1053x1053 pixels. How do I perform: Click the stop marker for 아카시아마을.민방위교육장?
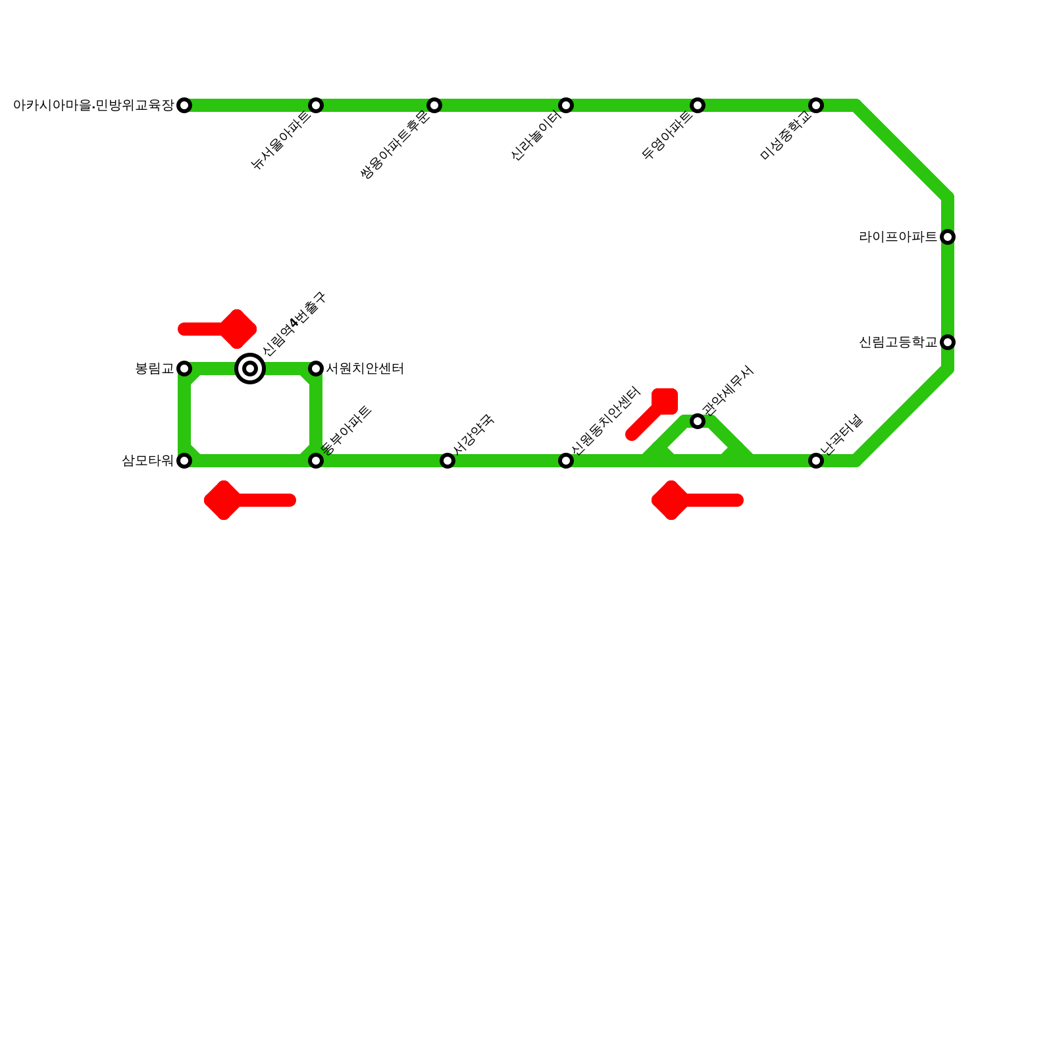point(184,105)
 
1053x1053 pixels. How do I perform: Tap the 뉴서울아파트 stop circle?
point(316,105)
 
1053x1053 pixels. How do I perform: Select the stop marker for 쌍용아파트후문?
point(434,105)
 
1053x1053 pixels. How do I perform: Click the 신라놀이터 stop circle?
point(566,105)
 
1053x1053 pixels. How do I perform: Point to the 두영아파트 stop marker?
point(698,105)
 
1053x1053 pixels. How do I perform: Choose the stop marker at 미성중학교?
point(816,105)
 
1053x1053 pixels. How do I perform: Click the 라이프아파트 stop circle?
point(948,237)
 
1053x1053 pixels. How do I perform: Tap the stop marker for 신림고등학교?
point(948,342)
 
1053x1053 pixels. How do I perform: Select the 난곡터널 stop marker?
point(816,461)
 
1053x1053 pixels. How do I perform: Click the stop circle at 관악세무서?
point(698,421)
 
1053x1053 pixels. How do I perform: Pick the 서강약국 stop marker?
point(448,461)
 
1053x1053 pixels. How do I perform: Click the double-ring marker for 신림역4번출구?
point(250,369)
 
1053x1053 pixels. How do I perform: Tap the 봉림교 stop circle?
point(184,369)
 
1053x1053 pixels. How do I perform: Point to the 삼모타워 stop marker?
point(184,461)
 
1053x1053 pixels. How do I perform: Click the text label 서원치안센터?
point(365,369)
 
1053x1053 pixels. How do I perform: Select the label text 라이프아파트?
point(898,237)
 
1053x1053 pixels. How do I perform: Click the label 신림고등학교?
point(898,342)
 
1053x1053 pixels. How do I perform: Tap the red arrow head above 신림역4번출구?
point(238,328)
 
